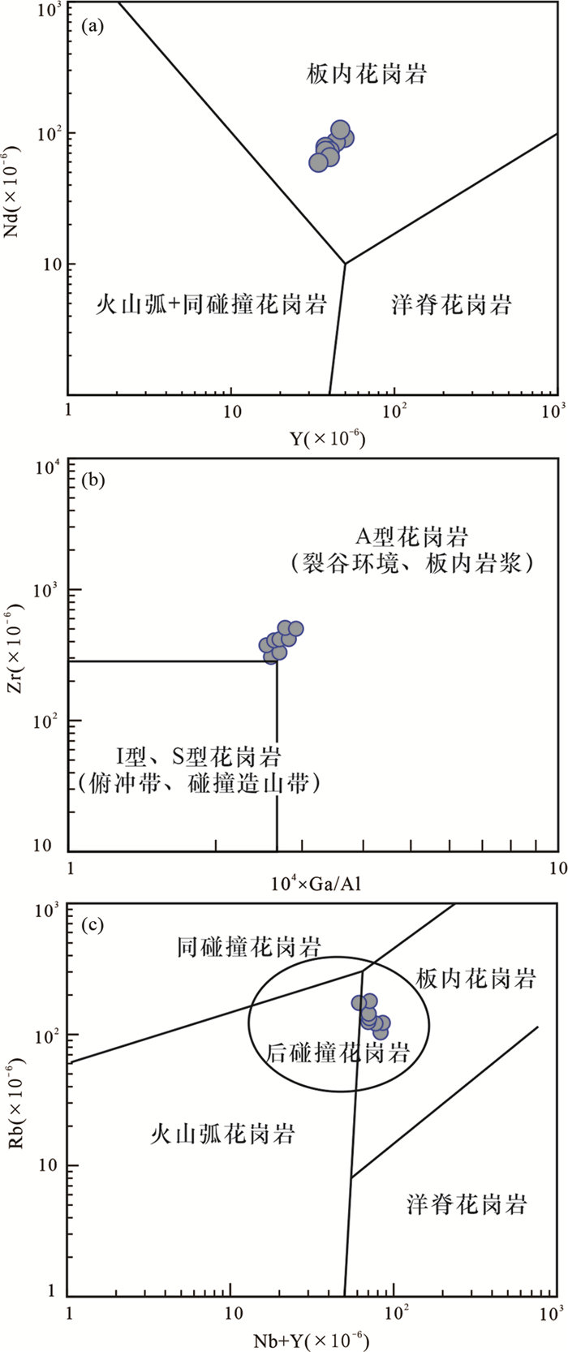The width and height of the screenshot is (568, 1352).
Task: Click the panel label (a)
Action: tap(94, 27)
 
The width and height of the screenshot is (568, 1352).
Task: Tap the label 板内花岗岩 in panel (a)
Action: tap(367, 75)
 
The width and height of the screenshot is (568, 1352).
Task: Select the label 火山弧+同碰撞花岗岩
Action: tap(211, 305)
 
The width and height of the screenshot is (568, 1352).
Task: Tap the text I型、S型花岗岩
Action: tap(199, 759)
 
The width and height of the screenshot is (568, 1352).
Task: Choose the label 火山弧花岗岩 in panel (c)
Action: tap(222, 1133)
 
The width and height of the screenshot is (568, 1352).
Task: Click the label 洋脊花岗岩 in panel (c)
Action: tap(467, 1203)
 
